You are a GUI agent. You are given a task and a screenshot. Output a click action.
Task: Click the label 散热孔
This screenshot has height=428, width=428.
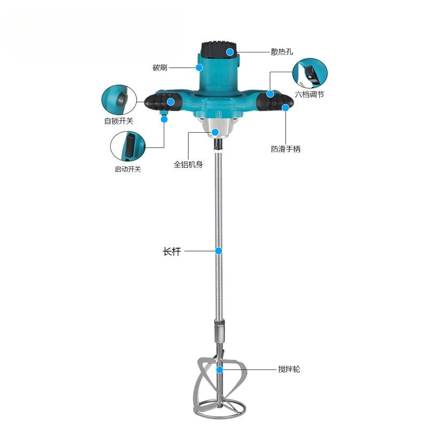282,51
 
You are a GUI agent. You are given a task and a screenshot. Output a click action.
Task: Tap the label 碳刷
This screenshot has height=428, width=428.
160,67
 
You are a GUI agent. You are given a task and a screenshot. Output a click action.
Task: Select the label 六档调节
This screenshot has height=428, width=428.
309,95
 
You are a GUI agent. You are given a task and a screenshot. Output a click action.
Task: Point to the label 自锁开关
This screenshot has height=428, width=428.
119,121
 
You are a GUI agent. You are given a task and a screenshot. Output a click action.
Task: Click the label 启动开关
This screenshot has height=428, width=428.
127,169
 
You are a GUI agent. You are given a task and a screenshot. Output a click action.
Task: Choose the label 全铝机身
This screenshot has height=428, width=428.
188,164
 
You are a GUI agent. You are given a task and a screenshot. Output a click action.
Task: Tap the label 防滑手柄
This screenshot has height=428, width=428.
286,149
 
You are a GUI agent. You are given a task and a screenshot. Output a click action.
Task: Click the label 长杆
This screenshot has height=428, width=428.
172,251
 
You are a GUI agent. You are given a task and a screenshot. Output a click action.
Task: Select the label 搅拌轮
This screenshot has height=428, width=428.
289,369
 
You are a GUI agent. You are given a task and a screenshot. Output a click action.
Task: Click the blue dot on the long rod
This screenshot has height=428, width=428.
218,251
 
